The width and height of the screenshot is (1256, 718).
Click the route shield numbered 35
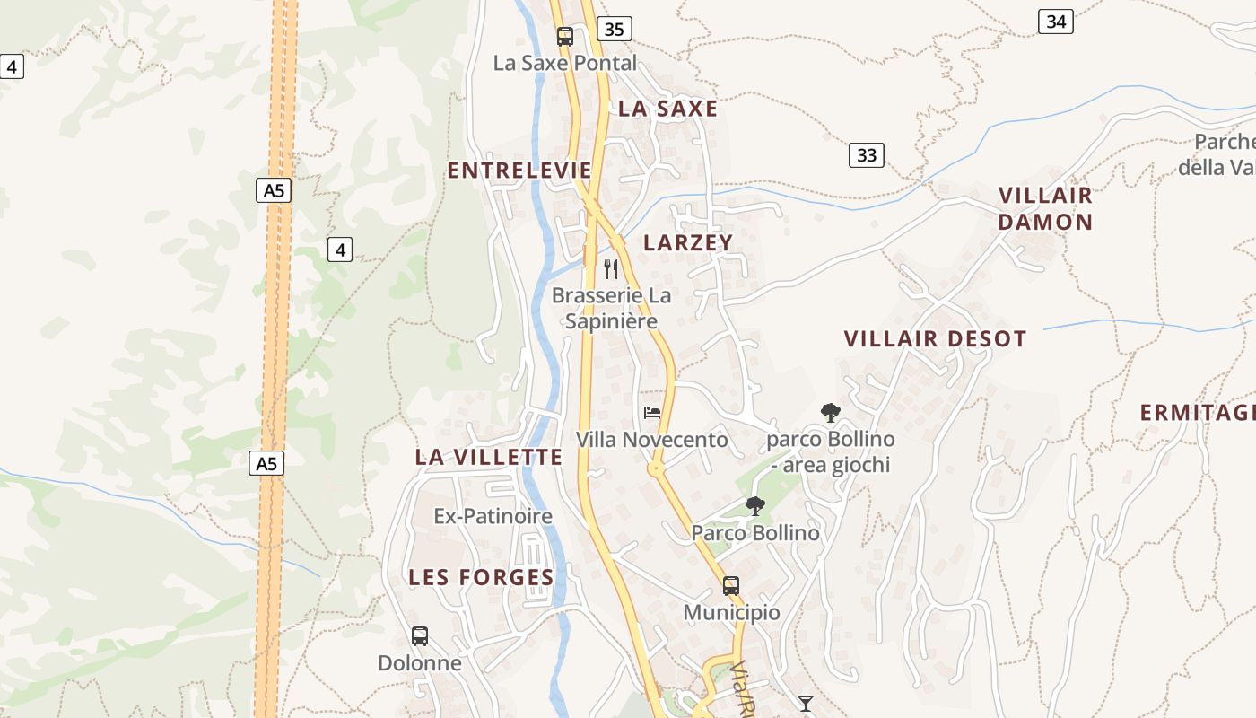[x=614, y=29]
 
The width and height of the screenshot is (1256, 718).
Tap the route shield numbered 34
[x=1056, y=21]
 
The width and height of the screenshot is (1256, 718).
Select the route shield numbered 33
[x=866, y=155]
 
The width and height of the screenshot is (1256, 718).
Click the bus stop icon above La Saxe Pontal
[x=564, y=37]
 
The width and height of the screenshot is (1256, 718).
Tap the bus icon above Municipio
[x=731, y=586]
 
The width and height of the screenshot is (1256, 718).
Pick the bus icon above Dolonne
[x=419, y=636]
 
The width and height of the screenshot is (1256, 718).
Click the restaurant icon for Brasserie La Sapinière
[x=611, y=268]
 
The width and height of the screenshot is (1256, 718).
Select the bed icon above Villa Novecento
[x=652, y=413]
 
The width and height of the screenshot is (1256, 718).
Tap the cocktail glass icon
[x=805, y=703]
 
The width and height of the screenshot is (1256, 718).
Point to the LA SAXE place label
[x=668, y=109]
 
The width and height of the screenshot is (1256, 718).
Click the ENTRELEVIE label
[x=519, y=171]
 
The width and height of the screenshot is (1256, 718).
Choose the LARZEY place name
[x=688, y=242]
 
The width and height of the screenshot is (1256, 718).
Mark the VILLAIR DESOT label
[x=935, y=339]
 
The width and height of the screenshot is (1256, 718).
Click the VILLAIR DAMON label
[x=1045, y=208]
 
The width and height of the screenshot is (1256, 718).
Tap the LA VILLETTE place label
[x=489, y=457]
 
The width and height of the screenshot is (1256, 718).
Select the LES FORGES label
[x=481, y=577]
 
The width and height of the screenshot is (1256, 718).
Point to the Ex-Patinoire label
[x=493, y=516]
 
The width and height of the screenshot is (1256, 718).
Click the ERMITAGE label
[x=1197, y=413]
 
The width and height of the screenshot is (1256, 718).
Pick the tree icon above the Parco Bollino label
[x=755, y=506]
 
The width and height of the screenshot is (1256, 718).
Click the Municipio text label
[x=731, y=612]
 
